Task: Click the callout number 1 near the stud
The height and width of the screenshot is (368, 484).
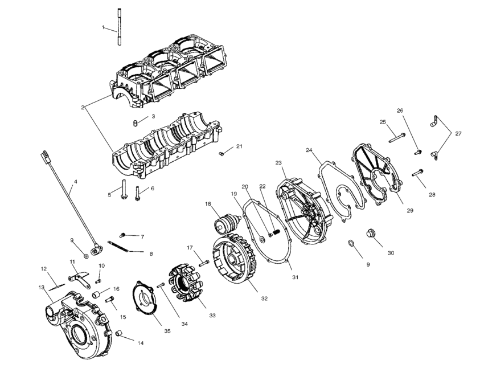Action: click(103, 27)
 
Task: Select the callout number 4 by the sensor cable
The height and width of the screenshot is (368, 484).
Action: click(75, 183)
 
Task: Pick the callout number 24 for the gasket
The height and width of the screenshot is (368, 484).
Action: click(309, 151)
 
